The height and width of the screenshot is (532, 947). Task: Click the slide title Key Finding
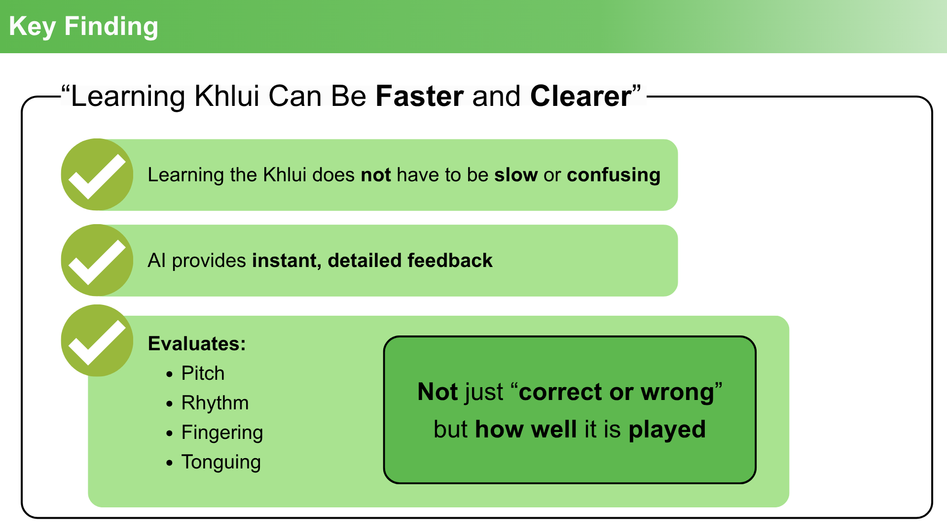coord(83,27)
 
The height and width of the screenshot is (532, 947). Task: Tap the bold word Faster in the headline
coord(420,96)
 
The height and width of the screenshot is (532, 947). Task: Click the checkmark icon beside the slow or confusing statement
coord(97,175)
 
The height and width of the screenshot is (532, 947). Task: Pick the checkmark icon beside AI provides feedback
coord(97,260)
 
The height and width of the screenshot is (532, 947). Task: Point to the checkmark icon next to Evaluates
coord(97,340)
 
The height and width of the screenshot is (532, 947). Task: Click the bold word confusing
coord(614,175)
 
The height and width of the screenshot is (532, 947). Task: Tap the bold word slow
coord(516,175)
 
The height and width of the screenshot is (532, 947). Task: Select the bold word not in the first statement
coord(376,175)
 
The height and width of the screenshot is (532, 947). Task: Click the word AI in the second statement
coord(156,261)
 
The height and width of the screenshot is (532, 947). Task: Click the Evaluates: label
coord(197,344)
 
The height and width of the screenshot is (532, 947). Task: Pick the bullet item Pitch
coord(203,373)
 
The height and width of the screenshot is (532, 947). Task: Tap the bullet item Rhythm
coord(215,403)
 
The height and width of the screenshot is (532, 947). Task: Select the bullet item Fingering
coord(222,433)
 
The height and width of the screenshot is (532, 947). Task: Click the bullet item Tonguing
coord(221,463)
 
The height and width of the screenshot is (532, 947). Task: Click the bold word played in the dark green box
coord(667,430)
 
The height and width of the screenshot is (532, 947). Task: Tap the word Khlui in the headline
coord(227,96)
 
